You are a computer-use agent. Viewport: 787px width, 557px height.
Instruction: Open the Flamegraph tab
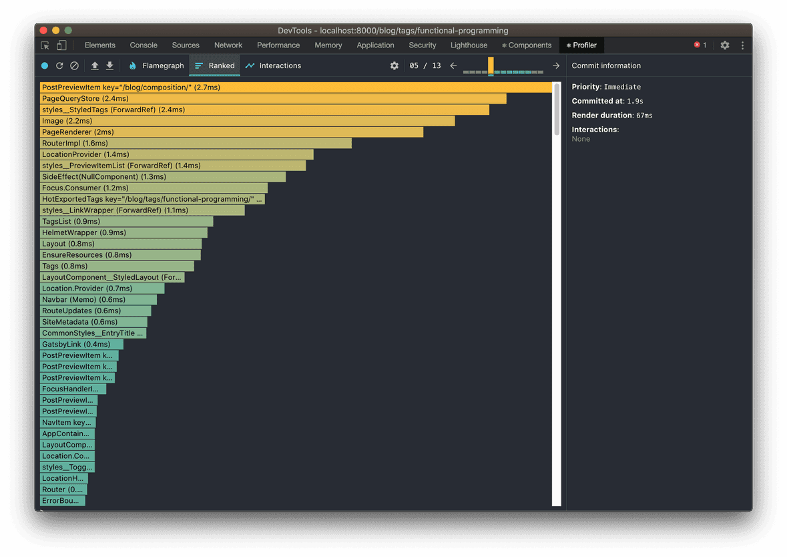pos(156,65)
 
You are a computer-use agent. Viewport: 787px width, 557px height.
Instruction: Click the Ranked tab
pos(215,65)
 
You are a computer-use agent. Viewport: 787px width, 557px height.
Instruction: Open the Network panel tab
pos(228,45)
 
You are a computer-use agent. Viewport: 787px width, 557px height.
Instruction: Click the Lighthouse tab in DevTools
pos(469,45)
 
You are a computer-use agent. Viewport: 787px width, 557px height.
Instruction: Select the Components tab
pos(527,45)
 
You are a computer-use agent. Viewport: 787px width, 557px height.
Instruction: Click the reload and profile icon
pos(59,65)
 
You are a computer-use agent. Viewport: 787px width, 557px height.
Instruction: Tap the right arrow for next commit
pos(556,65)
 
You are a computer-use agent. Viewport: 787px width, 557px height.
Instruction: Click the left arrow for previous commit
pos(453,65)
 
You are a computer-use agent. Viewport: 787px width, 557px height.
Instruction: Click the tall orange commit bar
pos(491,65)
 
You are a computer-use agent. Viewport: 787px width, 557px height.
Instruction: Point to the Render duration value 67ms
pos(644,116)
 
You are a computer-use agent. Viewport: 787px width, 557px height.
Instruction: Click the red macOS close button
pos(43,31)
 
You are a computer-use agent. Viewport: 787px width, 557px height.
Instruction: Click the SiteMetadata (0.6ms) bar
pos(93,322)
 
